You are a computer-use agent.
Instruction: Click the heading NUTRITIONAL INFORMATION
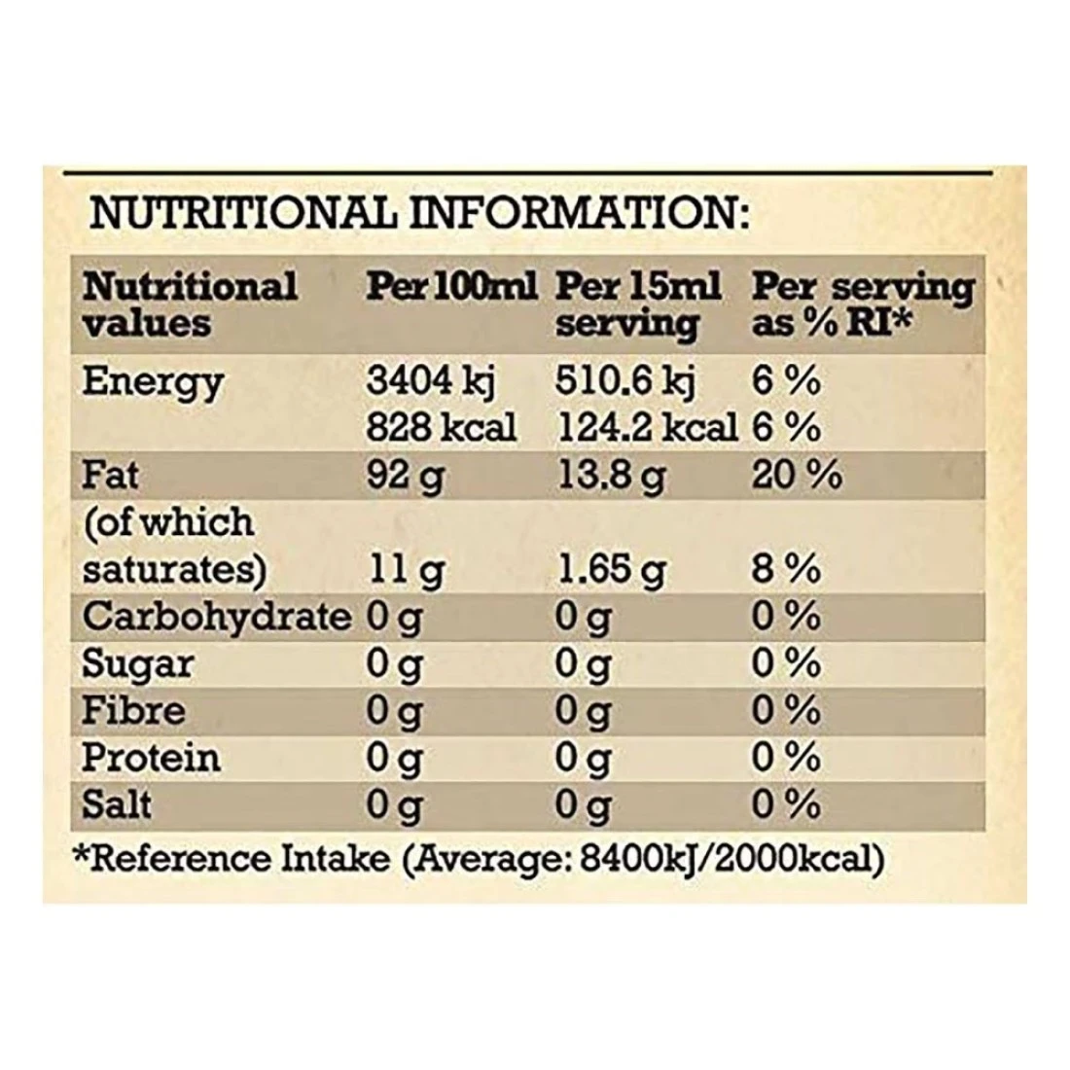[x=419, y=212]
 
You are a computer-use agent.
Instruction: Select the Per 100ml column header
[x=451, y=286]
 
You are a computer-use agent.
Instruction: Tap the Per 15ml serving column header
[x=638, y=303]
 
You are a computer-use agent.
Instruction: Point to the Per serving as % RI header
[x=862, y=303]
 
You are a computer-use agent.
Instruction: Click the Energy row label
[x=153, y=381]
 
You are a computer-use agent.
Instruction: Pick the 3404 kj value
[x=431, y=381]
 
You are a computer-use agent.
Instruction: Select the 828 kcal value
[x=441, y=427]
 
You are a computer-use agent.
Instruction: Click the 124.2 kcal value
[x=646, y=427]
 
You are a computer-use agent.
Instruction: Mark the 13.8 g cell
[x=610, y=476]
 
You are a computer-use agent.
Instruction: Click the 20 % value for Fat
[x=796, y=476]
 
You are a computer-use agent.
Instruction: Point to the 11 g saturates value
[x=404, y=569]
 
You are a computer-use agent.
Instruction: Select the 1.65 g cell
[x=610, y=569]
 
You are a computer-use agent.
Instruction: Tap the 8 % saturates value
[x=785, y=569]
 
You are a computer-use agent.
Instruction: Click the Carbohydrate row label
[x=216, y=616]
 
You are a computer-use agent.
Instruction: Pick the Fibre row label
[x=132, y=710]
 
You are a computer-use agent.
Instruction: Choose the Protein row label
[x=151, y=757]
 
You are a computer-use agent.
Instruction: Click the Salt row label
[x=117, y=803]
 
